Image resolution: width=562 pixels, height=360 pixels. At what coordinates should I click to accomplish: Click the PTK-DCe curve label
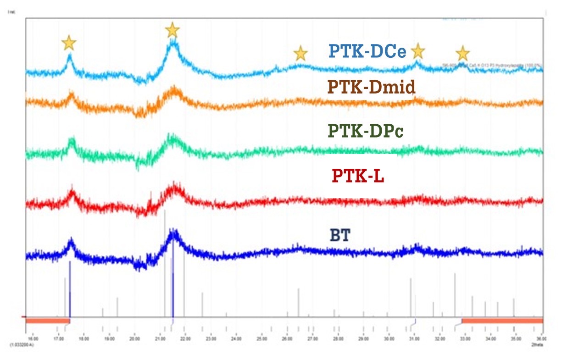367,51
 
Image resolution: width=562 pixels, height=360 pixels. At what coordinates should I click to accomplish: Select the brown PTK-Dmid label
372,87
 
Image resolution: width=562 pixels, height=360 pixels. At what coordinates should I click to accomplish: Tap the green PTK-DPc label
366,131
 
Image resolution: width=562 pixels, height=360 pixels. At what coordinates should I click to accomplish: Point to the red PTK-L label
358,176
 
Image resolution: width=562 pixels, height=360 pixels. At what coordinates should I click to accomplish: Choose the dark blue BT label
340,236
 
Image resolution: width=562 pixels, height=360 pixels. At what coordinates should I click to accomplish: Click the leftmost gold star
69,43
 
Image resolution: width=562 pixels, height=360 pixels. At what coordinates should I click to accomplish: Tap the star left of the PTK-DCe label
300,53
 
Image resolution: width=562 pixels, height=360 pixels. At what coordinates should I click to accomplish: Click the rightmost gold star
462,54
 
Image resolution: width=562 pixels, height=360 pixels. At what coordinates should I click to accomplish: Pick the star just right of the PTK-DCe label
417,51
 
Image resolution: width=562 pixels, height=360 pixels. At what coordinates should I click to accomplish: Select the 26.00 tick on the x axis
287,339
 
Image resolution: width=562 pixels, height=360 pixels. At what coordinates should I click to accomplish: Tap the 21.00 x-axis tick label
160,339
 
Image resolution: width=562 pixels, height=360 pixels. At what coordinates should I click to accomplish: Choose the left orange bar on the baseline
48,320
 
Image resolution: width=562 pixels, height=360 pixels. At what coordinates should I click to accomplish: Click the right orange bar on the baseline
502,320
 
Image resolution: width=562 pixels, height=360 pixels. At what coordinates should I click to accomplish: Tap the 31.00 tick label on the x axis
414,339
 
